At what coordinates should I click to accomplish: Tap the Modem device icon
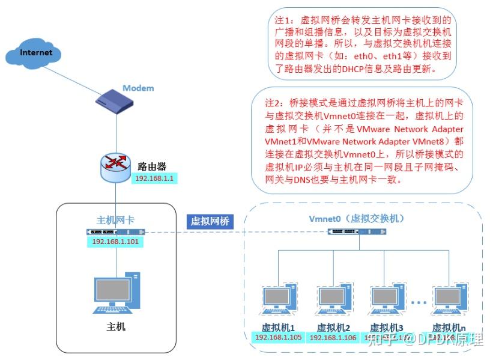[x=115, y=99]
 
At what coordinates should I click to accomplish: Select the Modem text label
[x=138, y=88]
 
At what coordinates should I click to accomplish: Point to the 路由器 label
[x=151, y=166]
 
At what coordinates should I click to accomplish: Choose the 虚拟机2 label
[x=333, y=328]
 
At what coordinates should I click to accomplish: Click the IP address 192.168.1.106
[x=333, y=338]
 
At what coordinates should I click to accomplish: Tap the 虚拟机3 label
[x=386, y=328]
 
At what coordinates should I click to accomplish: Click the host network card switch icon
[x=116, y=232]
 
